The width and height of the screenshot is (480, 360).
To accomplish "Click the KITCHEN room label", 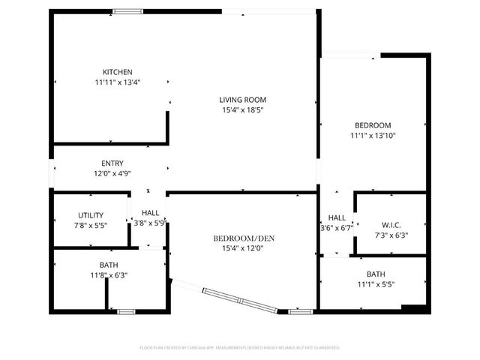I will click(112, 72).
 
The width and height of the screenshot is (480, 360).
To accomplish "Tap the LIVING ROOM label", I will click(242, 100).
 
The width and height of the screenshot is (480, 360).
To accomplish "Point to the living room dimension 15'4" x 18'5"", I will click(242, 109).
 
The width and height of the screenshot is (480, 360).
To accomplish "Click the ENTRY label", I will click(112, 163).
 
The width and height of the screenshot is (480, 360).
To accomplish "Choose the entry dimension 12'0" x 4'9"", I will click(112, 173).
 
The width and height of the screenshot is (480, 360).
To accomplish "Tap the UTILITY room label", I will click(91, 215).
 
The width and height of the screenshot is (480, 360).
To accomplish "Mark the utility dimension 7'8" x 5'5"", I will click(91, 225).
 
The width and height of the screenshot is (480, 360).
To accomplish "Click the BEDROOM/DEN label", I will click(244, 238).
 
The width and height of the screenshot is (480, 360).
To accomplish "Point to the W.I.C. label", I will click(391, 225).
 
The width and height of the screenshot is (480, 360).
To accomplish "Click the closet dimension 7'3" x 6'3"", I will click(391, 235).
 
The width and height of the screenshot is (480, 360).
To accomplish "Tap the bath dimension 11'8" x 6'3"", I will click(109, 275).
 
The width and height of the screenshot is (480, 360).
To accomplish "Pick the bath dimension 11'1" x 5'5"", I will click(376, 284).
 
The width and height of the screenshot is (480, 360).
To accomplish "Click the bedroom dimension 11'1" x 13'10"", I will click(373, 136).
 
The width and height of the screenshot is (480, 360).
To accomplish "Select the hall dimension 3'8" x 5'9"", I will click(150, 223).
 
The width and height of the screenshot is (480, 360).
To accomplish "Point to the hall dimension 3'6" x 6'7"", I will click(337, 228).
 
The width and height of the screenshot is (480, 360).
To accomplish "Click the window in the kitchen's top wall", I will click(128, 11).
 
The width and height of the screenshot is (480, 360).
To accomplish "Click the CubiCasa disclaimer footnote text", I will click(240, 347).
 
